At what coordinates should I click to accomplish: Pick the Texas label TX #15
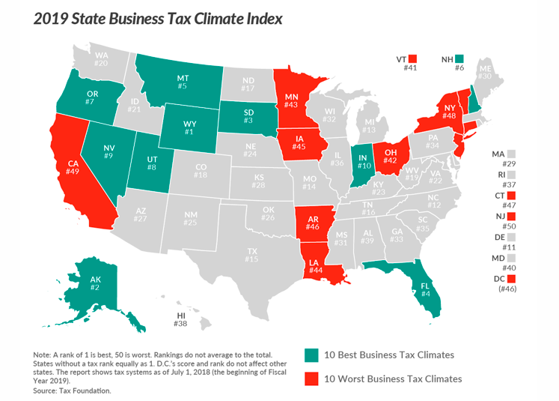pos(251,254)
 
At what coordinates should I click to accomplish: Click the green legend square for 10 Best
pos(311,355)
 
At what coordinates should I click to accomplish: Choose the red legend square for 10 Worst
pos(311,379)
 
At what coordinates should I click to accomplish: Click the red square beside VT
pos(412,58)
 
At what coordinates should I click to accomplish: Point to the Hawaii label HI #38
pos(180,319)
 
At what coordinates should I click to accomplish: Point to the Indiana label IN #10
pos(363,162)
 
